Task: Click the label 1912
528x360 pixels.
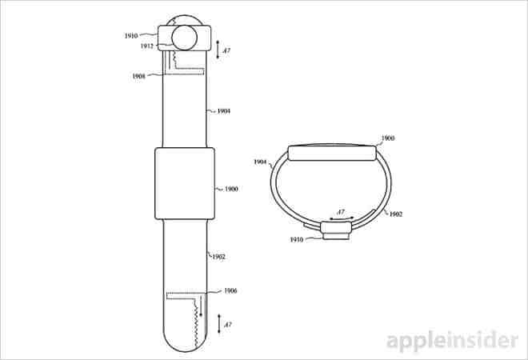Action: point(147,46)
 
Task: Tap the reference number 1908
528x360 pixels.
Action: point(138,77)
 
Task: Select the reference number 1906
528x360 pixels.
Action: point(230,290)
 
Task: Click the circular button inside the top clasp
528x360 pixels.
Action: point(184,38)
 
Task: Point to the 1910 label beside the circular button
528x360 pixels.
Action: point(131,36)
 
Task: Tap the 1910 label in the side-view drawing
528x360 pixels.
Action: point(296,239)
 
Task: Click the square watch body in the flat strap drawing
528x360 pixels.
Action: point(185,183)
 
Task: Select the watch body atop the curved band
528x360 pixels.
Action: point(332,153)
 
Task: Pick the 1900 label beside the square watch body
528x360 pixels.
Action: point(231,190)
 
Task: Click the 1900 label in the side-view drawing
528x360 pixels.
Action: point(387,138)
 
